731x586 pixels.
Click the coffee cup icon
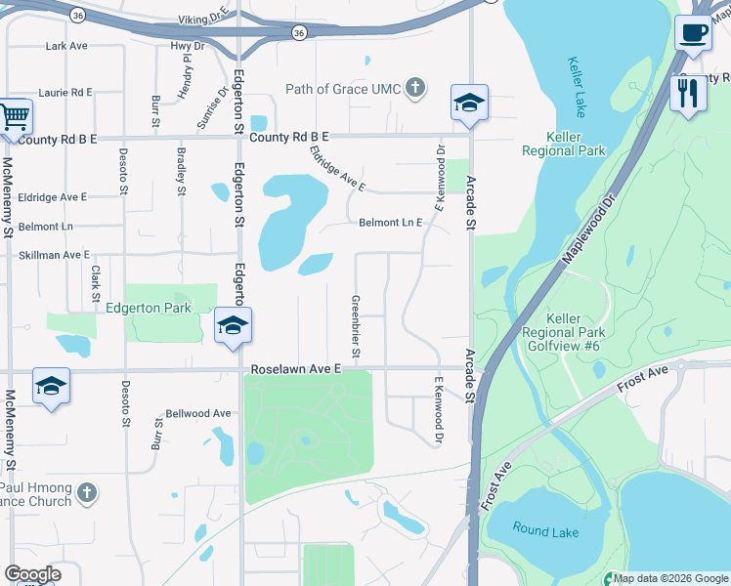(x=693, y=33)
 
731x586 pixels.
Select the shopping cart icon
(x=14, y=117)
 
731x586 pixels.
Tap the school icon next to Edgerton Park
(x=234, y=327)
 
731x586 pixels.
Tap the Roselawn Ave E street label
(x=296, y=370)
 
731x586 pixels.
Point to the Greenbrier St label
(x=356, y=325)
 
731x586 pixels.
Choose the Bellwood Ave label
(x=197, y=413)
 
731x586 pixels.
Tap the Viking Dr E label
(x=203, y=20)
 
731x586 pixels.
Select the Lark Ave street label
(x=66, y=46)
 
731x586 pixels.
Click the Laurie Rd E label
(x=65, y=92)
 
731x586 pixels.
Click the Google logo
(x=32, y=574)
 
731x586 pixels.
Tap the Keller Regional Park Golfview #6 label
(x=564, y=332)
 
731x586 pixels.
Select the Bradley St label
(x=182, y=171)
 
